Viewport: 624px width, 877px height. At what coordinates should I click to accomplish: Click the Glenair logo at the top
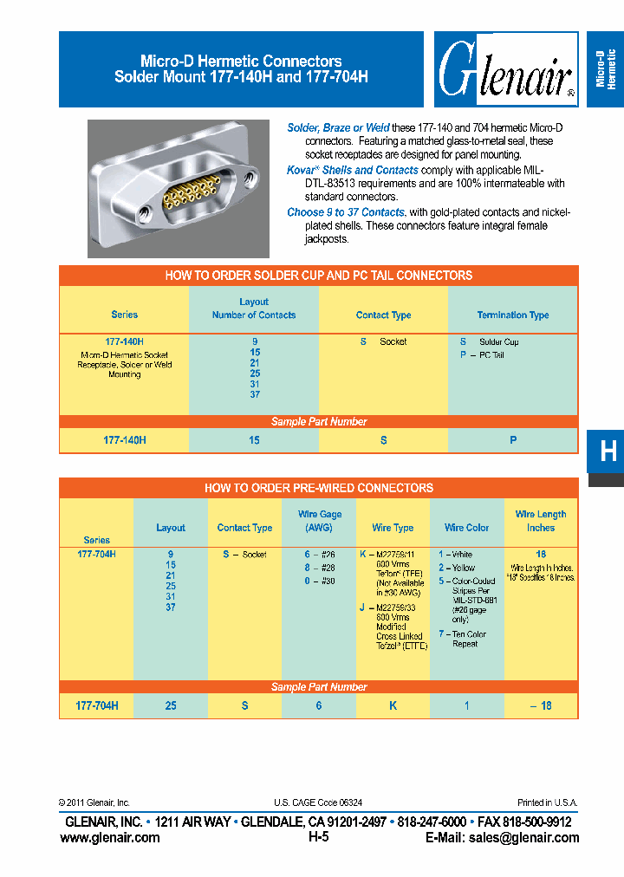[x=506, y=70]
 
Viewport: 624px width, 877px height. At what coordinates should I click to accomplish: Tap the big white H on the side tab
[x=608, y=451]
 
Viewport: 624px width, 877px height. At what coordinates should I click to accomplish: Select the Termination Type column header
[x=513, y=315]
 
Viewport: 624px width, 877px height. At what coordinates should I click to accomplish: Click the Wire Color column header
[x=466, y=527]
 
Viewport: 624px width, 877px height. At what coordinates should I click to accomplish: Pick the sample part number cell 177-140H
[x=125, y=440]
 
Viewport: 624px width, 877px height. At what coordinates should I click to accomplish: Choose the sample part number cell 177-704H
[x=97, y=705]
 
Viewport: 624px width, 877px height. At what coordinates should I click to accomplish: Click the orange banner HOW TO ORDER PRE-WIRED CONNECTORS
[x=318, y=488]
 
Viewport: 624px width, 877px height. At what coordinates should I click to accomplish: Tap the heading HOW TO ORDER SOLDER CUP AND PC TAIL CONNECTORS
[x=318, y=276]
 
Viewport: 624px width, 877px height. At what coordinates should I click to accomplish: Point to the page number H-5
[x=318, y=837]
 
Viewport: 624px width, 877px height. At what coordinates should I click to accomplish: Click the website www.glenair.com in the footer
[x=110, y=837]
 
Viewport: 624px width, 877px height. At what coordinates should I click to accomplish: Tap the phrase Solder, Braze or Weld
[x=338, y=127]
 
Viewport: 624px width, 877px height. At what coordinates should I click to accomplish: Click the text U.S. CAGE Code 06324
[x=318, y=803]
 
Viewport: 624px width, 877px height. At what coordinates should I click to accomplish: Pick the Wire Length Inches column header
[x=541, y=520]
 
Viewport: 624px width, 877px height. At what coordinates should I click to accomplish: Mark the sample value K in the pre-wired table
[x=393, y=705]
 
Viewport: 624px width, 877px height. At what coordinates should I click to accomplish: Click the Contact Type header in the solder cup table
[x=383, y=315]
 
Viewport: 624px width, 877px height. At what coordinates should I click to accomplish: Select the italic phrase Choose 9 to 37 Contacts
[x=346, y=212]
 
